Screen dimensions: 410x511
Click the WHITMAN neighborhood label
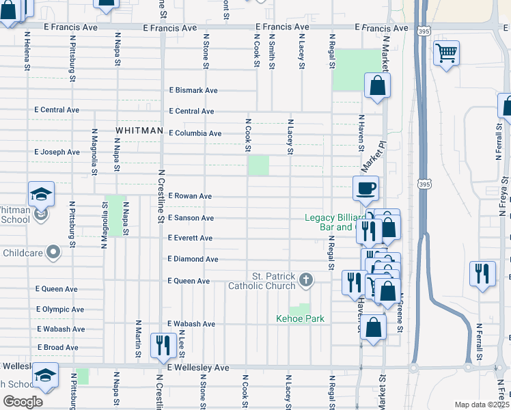(x=139, y=130)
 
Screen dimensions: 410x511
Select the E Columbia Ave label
(x=195, y=133)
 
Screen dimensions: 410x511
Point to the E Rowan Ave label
(x=190, y=196)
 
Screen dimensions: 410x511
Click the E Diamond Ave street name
(x=193, y=260)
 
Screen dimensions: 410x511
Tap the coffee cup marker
(x=365, y=188)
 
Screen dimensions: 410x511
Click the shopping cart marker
(x=446, y=53)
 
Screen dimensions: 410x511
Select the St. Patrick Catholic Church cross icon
(x=307, y=279)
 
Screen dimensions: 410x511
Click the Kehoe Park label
(x=300, y=319)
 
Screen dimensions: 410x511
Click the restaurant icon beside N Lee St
(x=163, y=345)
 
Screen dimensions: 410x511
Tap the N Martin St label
(x=138, y=338)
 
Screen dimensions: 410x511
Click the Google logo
(x=23, y=402)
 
